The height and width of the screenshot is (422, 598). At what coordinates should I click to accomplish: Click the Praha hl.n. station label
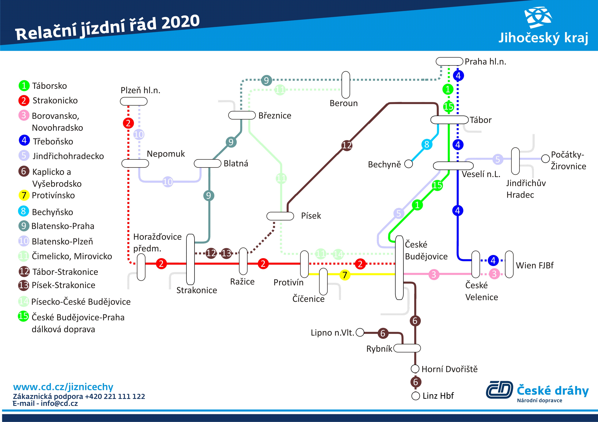485,62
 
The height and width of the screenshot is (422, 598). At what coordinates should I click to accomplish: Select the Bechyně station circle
408,164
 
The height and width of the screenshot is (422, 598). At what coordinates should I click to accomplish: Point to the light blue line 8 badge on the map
427,144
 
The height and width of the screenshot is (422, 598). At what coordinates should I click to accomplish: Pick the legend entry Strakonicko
48,100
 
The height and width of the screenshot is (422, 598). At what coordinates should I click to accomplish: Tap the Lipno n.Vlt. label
332,333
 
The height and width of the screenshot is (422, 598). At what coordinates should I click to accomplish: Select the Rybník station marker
407,348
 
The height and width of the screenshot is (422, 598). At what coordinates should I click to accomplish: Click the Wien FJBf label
535,265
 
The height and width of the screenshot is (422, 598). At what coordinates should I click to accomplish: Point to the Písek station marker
280,216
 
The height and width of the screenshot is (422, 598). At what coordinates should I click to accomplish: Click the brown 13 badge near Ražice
226,253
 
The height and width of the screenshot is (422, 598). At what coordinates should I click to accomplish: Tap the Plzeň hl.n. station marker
134,101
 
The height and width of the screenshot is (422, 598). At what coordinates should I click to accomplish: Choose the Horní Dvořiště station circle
415,369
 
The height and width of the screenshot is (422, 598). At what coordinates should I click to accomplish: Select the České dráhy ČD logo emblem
499,389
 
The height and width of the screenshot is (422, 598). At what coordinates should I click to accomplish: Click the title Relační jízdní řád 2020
107,27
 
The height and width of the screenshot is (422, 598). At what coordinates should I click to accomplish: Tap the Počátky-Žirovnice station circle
545,158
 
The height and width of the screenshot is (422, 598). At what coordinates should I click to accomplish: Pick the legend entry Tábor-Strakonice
58,272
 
